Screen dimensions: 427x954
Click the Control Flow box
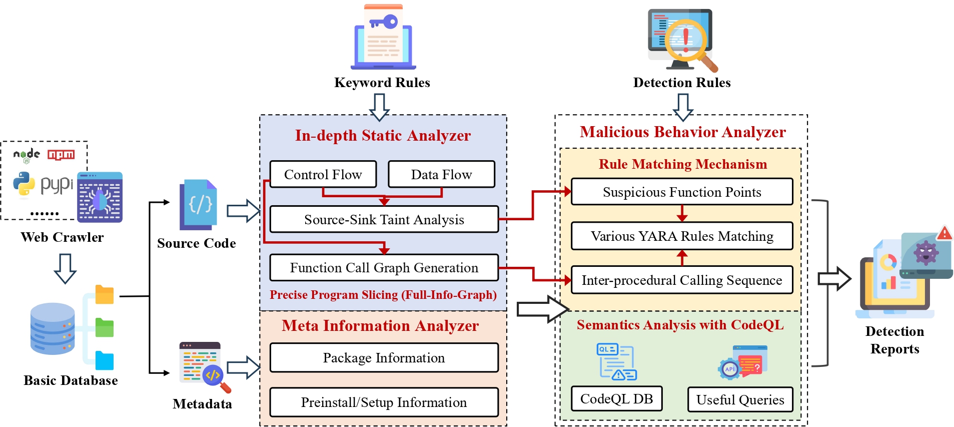tap(323, 174)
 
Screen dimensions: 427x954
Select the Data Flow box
tap(441, 174)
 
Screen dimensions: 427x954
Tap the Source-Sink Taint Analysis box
tap(384, 219)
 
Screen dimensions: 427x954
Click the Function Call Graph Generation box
tap(384, 268)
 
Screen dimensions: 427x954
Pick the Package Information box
tap(384, 357)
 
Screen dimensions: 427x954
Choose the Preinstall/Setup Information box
tap(384, 402)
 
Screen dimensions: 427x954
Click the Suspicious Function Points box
tap(682, 192)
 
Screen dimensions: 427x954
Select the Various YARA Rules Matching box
tap(682, 236)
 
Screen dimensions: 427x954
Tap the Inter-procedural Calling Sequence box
tap(682, 280)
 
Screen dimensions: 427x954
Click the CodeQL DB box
tap(616, 398)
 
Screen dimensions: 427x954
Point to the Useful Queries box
tap(740, 399)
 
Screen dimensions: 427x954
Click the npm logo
tap(61, 155)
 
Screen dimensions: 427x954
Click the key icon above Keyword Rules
tap(384, 22)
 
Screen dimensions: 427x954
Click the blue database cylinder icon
tap(52, 328)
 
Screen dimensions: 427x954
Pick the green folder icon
tap(105, 328)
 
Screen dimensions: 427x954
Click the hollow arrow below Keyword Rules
tap(379, 107)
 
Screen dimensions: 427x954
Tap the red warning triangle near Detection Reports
tap(944, 233)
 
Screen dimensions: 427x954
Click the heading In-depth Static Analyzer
tap(383, 135)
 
